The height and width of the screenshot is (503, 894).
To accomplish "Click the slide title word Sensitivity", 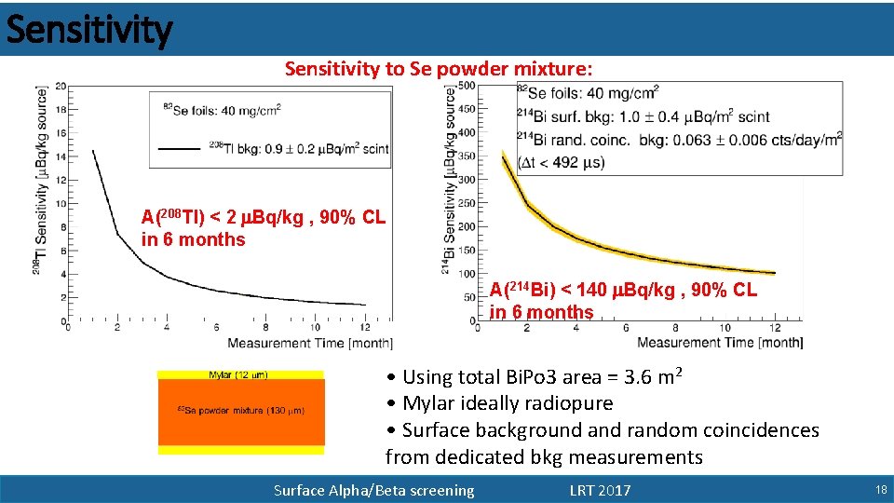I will pyautogui.click(x=89, y=30).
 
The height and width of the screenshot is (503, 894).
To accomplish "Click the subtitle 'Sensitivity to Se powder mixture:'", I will pyautogui.click(x=438, y=69).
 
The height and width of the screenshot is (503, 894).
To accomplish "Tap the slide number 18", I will pyautogui.click(x=880, y=490).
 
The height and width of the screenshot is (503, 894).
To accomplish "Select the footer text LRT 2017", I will pyautogui.click(x=600, y=490).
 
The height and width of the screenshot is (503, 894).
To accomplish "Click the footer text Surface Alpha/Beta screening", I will pyautogui.click(x=373, y=490).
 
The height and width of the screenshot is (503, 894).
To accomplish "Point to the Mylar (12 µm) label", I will pyautogui.click(x=238, y=375).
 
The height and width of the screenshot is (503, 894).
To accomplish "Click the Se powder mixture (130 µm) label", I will pyautogui.click(x=240, y=410).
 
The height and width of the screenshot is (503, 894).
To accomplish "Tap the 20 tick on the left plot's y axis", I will pyautogui.click(x=60, y=86).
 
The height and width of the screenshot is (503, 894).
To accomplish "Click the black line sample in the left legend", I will pyautogui.click(x=180, y=147).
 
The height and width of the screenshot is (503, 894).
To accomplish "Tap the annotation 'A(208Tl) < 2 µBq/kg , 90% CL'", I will pyautogui.click(x=263, y=218).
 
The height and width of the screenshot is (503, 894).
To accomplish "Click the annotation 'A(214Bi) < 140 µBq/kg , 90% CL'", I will pyautogui.click(x=623, y=291).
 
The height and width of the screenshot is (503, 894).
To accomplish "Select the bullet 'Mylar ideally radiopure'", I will pyautogui.click(x=508, y=403).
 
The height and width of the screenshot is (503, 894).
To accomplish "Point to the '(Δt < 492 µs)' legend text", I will pyautogui.click(x=562, y=162).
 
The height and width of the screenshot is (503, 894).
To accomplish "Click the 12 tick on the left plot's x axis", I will pyautogui.click(x=364, y=327).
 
